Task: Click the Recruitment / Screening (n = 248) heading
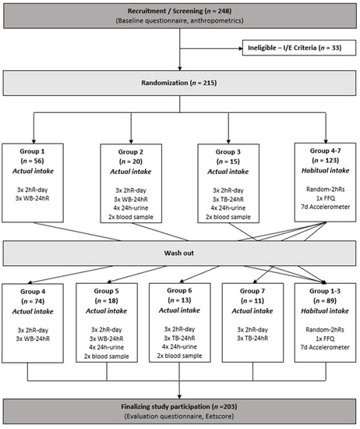(x=180, y=11)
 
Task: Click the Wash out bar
(x=180, y=256)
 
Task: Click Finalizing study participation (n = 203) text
(x=180, y=407)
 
